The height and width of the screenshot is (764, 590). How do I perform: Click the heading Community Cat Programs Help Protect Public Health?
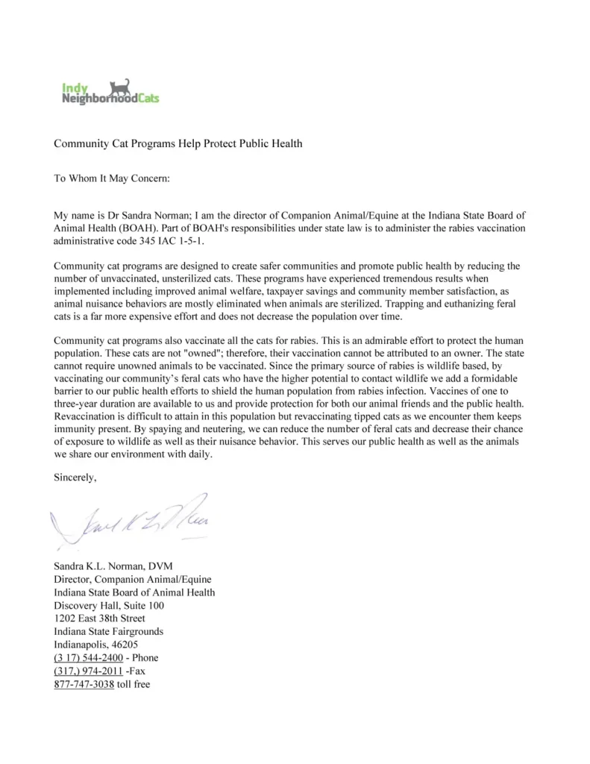click(x=178, y=143)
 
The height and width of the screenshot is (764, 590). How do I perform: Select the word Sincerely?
click(x=75, y=477)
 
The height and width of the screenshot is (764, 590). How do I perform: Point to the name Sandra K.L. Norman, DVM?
click(x=113, y=566)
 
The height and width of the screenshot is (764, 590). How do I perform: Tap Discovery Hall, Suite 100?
click(x=109, y=605)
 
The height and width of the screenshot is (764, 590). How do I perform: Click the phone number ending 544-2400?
click(x=88, y=658)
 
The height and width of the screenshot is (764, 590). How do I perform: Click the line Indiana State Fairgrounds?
click(x=108, y=631)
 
